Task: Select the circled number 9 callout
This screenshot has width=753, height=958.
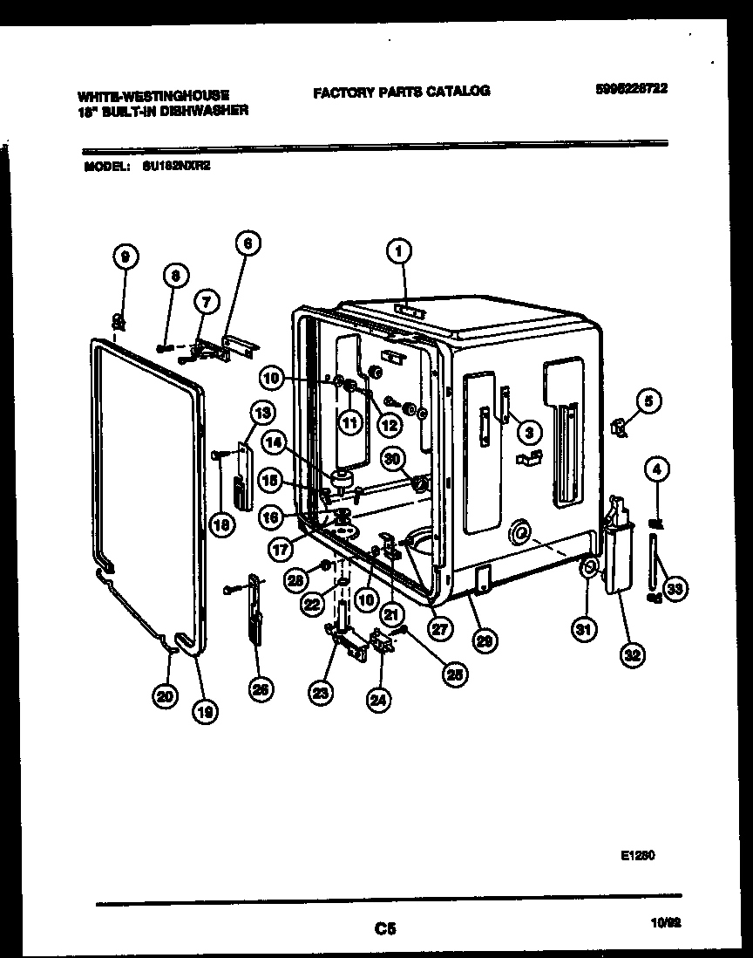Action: pos(125,257)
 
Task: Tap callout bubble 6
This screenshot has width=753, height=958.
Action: pos(248,245)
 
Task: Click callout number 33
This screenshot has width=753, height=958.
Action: pos(672,589)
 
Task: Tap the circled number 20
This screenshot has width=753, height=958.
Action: pos(162,695)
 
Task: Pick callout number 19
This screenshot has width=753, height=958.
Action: pos(204,711)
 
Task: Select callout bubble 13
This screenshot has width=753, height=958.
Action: pos(261,411)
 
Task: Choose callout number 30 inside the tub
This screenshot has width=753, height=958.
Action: pos(393,457)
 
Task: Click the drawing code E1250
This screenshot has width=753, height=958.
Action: pos(638,859)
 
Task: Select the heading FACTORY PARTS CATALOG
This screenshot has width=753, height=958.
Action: pos(402,90)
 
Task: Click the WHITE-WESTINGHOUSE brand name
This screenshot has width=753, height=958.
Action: pos(153,94)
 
